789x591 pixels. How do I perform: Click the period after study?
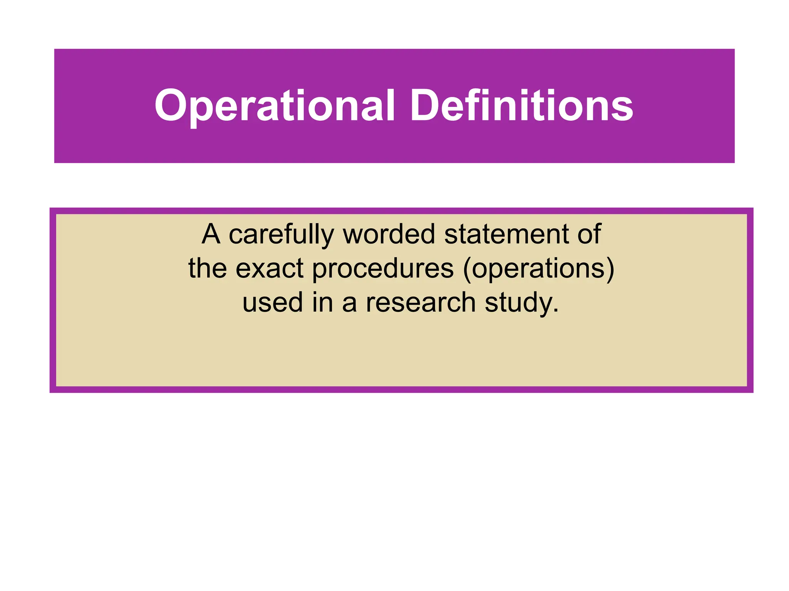[x=555, y=310]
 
